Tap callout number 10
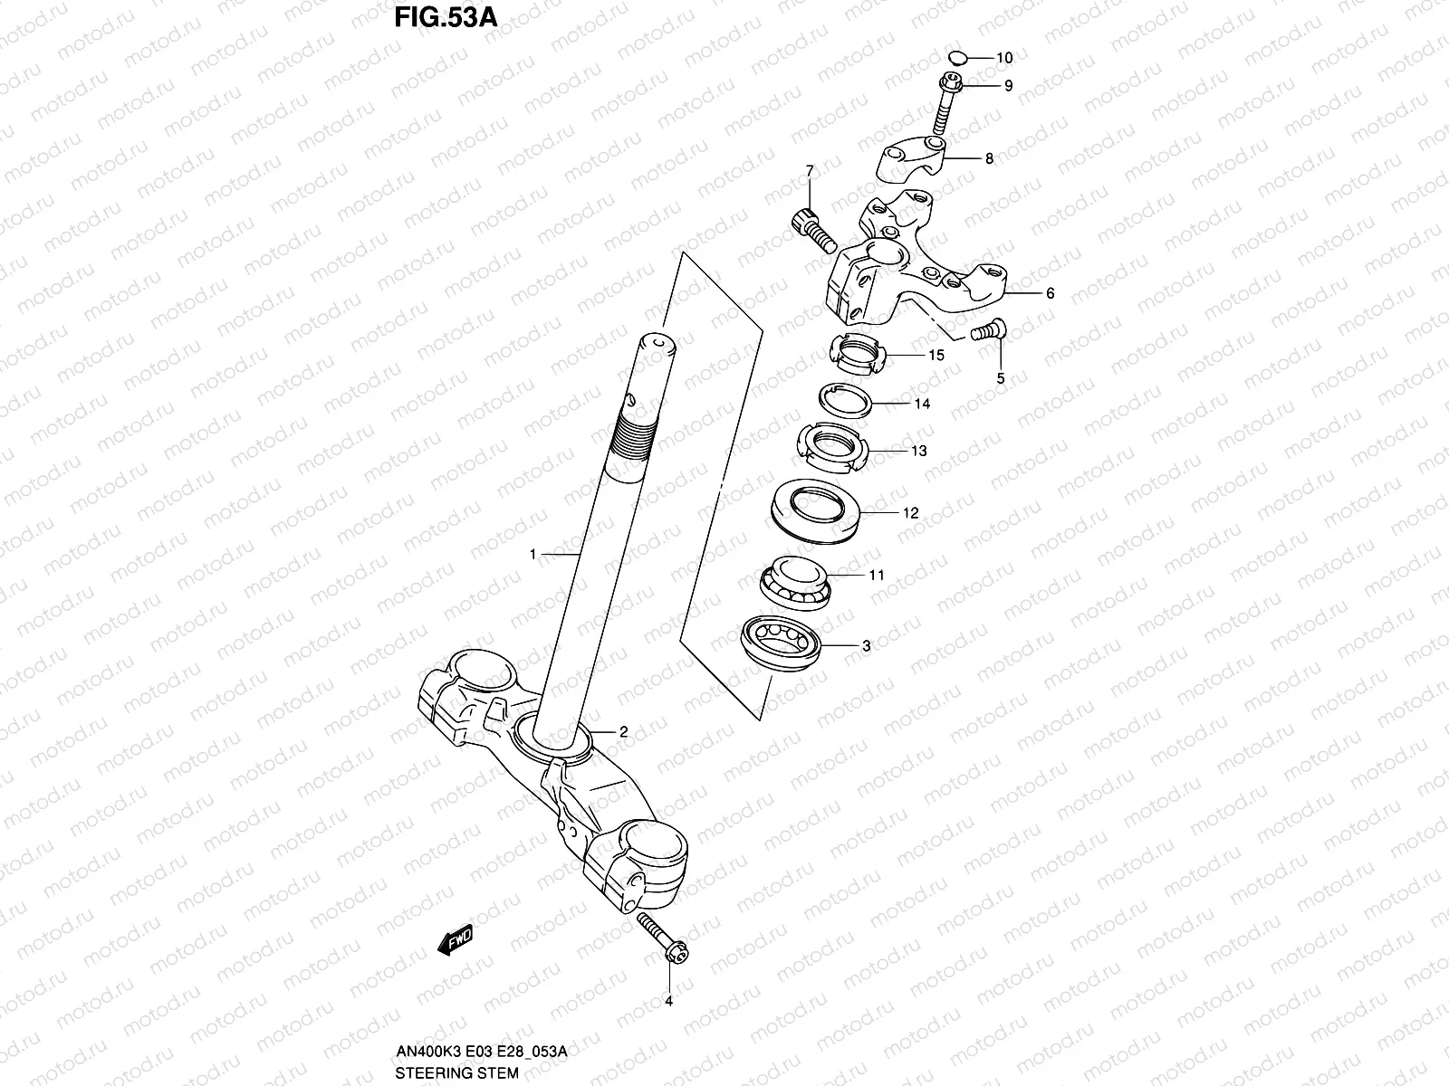pyautogui.click(x=1003, y=58)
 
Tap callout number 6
pyautogui.click(x=1050, y=293)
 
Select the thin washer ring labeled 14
pyautogui.click(x=846, y=399)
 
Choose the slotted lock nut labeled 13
pyautogui.click(x=832, y=447)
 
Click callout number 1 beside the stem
pyautogui.click(x=533, y=553)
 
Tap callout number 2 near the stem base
pyautogui.click(x=623, y=731)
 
